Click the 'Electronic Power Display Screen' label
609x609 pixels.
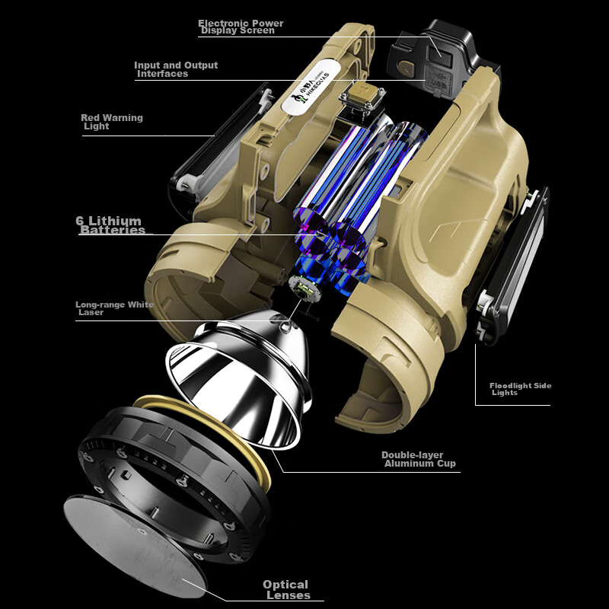point(241,27)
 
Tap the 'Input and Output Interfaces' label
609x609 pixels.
point(176,69)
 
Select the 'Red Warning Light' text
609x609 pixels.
point(112,122)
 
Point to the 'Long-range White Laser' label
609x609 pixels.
point(114,308)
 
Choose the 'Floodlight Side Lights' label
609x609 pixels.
point(520,389)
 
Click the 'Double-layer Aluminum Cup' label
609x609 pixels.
point(418,459)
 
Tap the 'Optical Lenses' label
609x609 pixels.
point(288,589)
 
